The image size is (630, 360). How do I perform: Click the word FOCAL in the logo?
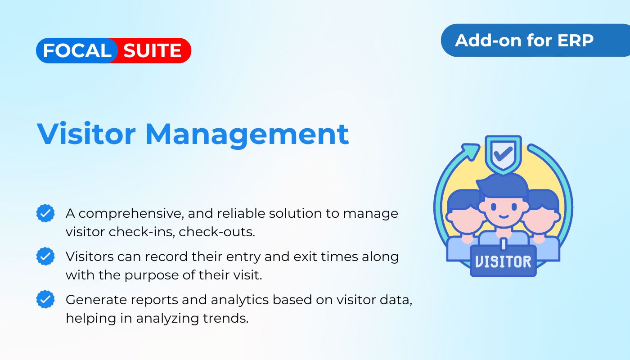click(77, 50)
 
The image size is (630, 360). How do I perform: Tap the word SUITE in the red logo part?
click(152, 50)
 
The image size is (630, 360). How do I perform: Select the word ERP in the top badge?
click(576, 40)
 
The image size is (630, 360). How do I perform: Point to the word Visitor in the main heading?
click(86, 134)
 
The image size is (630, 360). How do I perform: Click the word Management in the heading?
click(247, 135)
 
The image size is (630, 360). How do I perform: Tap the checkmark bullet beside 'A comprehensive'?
click(45, 213)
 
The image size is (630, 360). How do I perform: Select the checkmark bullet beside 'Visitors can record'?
click(45, 256)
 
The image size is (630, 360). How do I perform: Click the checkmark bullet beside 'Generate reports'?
click(45, 299)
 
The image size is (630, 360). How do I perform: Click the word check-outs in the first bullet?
click(217, 232)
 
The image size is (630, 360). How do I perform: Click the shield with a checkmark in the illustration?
click(504, 154)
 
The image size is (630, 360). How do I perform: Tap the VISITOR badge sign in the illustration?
click(503, 261)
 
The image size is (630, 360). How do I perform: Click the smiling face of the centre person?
click(504, 211)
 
